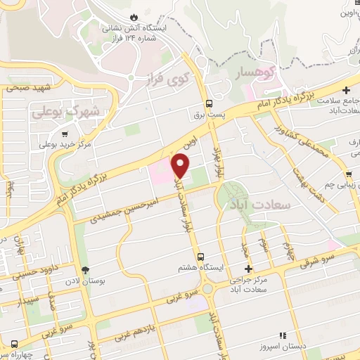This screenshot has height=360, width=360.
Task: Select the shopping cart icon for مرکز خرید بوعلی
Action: [x=65, y=133]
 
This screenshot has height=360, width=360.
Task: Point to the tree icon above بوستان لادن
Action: [x=86, y=270]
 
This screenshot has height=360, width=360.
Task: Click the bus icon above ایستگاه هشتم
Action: [x=202, y=257]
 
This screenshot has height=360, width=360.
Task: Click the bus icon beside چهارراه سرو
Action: [x=13, y=344]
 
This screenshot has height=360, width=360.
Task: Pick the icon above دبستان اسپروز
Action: [x=282, y=337]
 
